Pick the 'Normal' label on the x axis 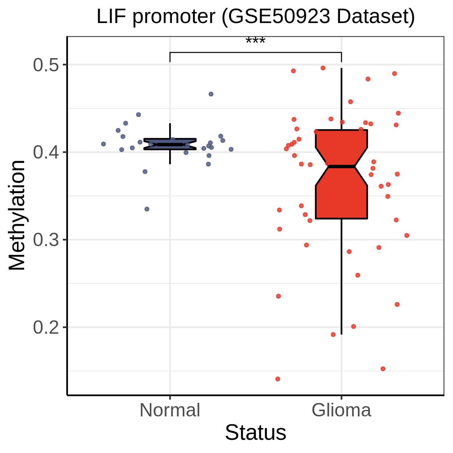[170, 410]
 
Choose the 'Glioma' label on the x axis [342, 410]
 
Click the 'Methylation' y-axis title [17, 215]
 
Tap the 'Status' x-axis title [256, 433]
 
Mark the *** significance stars [256, 41]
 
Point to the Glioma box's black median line [342, 166]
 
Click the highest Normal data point [211, 94]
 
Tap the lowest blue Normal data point [147, 209]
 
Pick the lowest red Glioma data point [278, 379]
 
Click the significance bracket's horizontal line [256, 52]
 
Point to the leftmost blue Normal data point [103, 144]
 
